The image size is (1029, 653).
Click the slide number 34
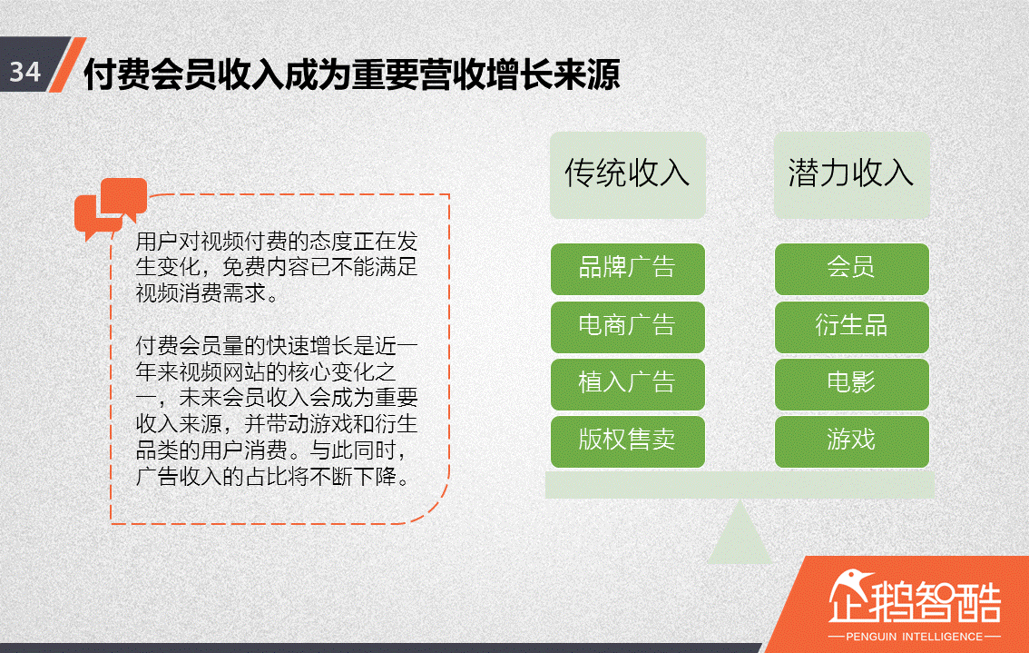pos(25,71)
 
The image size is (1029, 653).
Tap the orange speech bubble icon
pos(110,208)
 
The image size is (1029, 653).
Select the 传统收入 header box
pos(627,174)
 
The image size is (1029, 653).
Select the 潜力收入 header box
pos(851,174)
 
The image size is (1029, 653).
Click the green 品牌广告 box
pos(627,269)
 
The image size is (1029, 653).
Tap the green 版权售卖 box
pos(627,441)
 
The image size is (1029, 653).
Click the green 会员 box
pos(851,269)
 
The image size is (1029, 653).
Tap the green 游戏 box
pos(851,441)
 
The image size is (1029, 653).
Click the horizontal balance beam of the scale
pos(740,485)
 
